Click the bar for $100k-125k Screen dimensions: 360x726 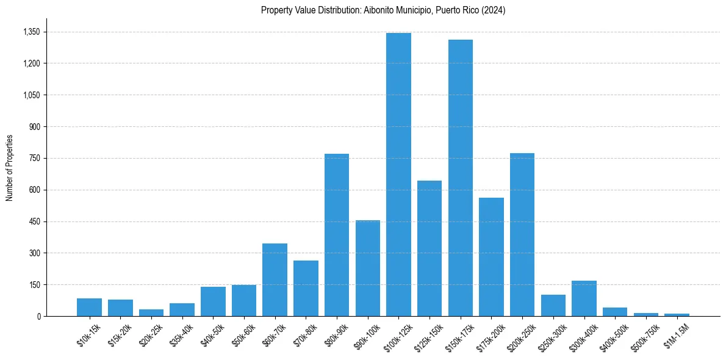[398, 175]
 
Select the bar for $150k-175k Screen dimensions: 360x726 [461, 178]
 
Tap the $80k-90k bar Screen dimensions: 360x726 [337, 235]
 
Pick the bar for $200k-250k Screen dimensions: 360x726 [522, 235]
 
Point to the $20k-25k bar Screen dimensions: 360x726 [151, 312]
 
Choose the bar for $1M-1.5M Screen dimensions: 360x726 [677, 314]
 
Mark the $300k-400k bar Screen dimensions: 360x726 [584, 298]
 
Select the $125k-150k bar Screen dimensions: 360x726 [429, 248]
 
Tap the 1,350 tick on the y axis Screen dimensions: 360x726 [31, 32]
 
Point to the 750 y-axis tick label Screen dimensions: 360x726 [35, 158]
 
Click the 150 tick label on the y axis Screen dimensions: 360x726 [35, 285]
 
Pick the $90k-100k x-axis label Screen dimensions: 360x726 [367, 336]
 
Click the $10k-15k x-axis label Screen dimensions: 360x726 [89, 336]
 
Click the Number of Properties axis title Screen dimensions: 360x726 [10, 168]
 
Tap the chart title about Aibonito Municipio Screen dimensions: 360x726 [383, 10]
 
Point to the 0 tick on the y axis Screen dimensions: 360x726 [38, 316]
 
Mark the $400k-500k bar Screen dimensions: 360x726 [615, 312]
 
